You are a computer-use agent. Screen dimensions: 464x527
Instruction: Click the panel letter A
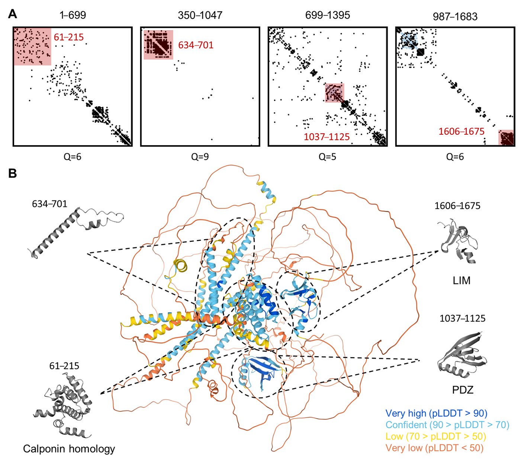coord(13,14)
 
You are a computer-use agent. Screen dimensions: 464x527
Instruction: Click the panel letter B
coord(13,173)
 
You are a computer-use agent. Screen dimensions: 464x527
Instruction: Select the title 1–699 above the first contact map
coord(73,15)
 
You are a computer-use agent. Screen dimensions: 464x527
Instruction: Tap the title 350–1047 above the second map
coord(200,15)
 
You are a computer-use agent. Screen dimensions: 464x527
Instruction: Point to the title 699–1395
coord(328,15)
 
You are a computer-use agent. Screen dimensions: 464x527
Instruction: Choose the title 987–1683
coord(455,16)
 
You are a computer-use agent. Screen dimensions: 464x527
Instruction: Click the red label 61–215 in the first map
coord(69,37)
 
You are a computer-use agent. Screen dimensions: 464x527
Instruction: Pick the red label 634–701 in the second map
coord(196,45)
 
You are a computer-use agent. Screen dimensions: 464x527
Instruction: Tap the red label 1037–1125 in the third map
coord(327,137)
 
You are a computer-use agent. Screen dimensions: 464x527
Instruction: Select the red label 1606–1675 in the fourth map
coord(462,131)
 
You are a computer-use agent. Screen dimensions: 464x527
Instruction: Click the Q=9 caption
coord(200,157)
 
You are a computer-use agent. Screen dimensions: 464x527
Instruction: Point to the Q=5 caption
coord(328,157)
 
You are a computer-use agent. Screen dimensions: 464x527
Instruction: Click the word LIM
coord(462,280)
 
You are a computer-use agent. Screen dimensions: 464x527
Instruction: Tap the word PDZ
coord(463,390)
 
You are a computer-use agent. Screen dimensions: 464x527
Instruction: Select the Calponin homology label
coord(69,449)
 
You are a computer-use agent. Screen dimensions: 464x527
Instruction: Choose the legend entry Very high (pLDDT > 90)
coord(436,413)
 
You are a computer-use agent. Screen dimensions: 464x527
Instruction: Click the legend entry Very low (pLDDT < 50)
coord(434,448)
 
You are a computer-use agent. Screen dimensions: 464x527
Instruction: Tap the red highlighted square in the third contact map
coord(334,93)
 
